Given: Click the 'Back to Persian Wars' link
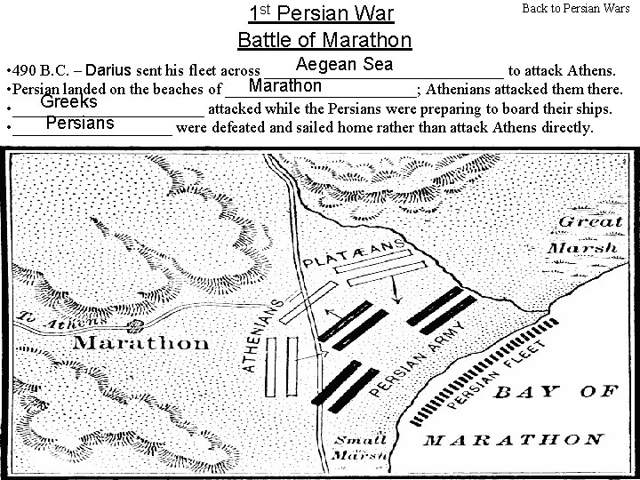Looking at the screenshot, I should (575, 8).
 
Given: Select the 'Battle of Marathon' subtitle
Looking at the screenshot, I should (324, 40).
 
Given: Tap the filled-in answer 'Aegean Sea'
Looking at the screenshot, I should (344, 64).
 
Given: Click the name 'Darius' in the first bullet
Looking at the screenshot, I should (111, 69).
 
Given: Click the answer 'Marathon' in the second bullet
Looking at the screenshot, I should (285, 86).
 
